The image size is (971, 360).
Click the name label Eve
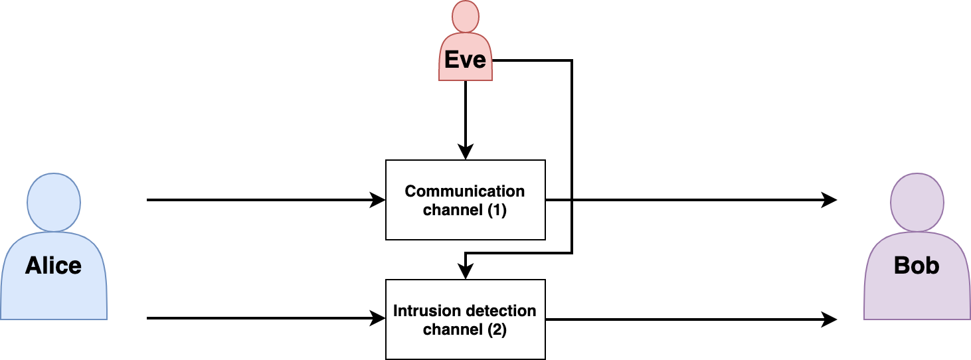[465, 60]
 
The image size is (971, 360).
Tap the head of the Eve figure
[465, 16]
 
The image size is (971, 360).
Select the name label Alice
[53, 266]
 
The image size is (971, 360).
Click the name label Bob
[917, 266]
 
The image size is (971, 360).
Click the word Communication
[465, 191]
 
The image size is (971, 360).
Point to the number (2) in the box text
[493, 329]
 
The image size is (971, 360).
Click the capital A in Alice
[34, 266]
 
